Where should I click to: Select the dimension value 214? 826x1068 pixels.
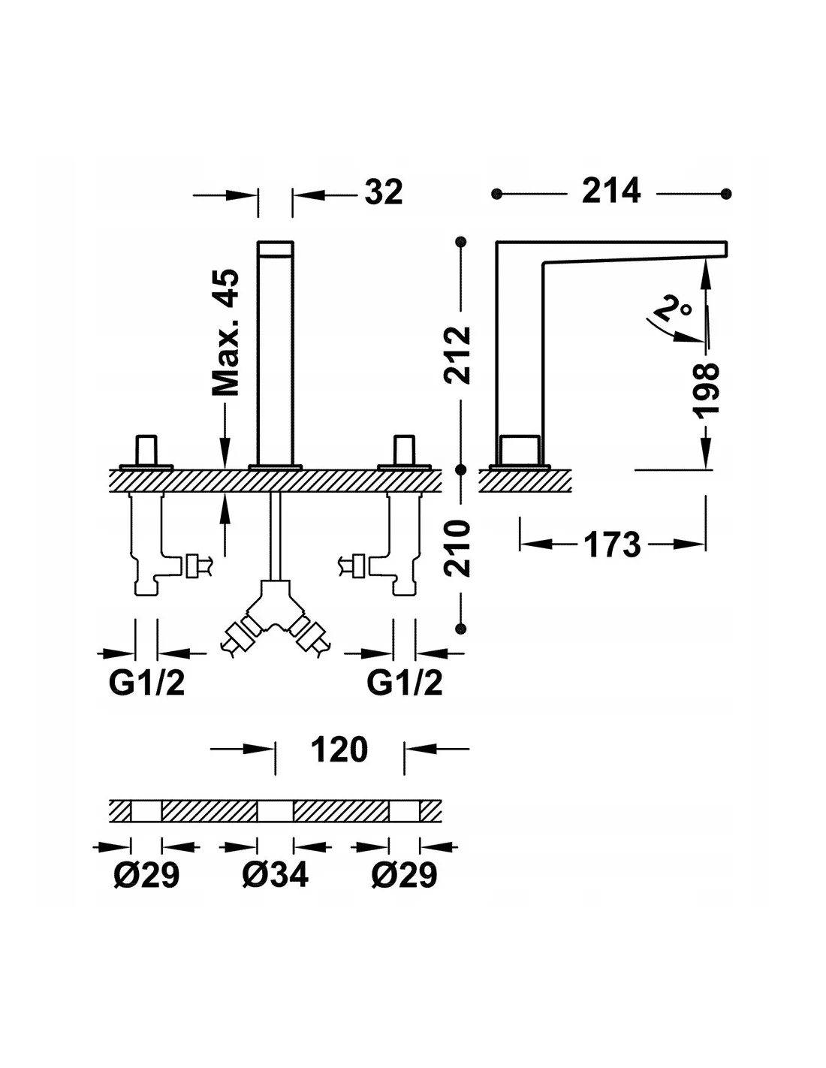coord(610,191)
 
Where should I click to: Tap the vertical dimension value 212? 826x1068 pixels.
coord(457,354)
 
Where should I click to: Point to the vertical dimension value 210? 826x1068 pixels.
coord(457,548)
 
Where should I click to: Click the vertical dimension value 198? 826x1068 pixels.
coord(706,391)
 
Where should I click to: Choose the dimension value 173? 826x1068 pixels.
coord(612,545)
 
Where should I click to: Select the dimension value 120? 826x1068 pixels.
coord(339,750)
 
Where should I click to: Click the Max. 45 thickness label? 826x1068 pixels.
coord(225,333)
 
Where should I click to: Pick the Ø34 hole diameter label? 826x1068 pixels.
coord(275,875)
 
